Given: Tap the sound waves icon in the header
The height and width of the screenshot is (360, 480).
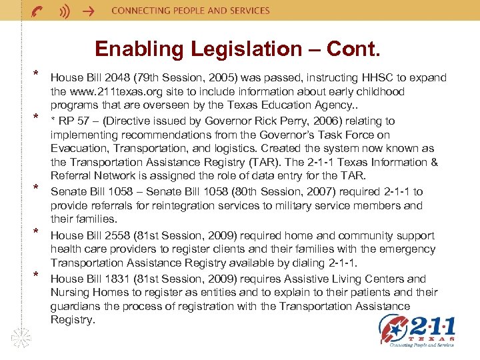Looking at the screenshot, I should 64,11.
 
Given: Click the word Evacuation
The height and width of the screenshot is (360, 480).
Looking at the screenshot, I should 78,149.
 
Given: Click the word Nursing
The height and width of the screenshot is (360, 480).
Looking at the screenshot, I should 71,293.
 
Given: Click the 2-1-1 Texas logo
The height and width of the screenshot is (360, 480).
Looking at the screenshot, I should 417,331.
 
